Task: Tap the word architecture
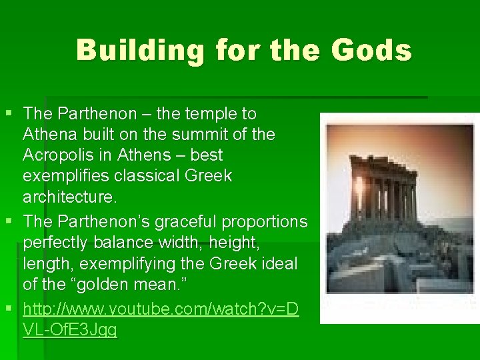click(69, 197)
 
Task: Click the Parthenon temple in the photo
click(383, 190)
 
